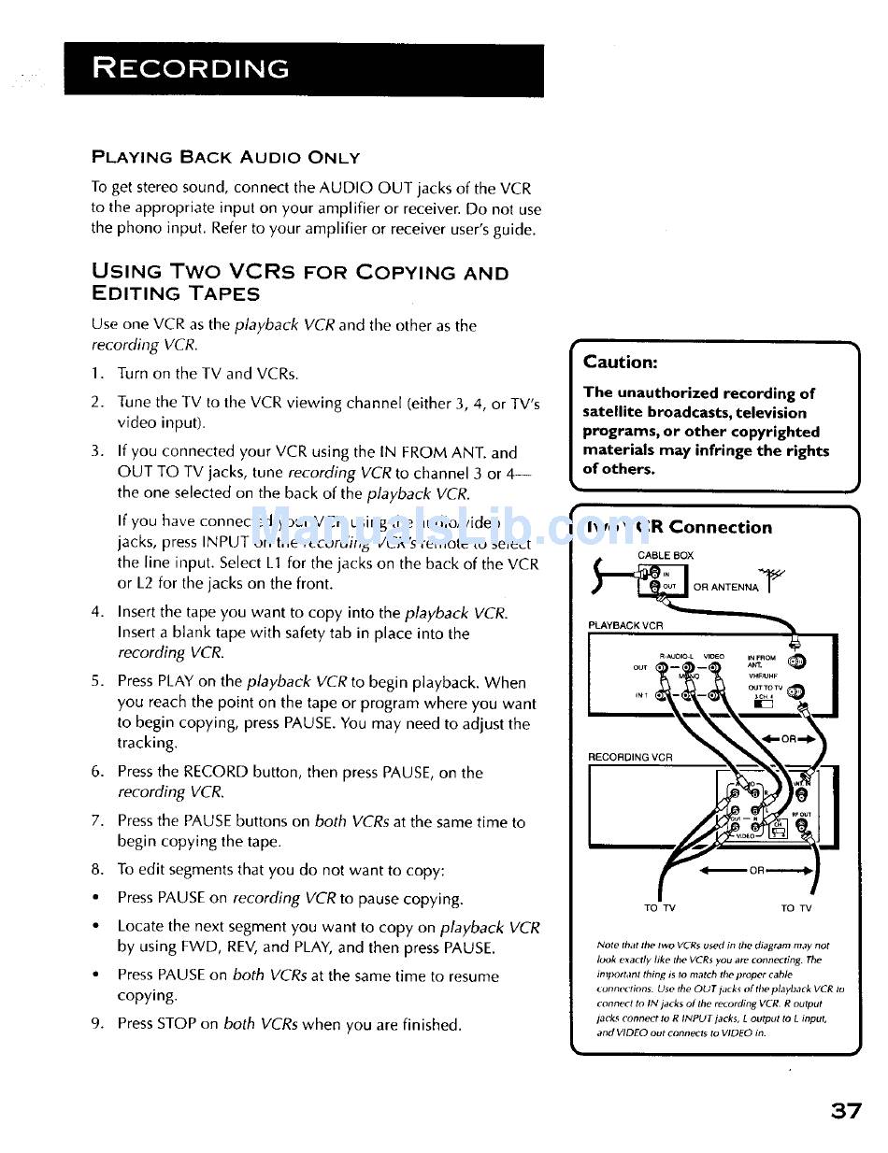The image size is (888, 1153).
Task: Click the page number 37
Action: point(844,1111)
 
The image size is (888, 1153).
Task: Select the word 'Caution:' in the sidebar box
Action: point(620,362)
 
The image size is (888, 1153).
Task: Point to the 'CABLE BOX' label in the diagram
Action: point(666,555)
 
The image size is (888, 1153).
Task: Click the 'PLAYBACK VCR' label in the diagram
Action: point(625,625)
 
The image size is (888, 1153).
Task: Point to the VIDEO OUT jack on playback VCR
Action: point(715,668)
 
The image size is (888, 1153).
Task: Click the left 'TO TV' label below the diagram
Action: point(660,908)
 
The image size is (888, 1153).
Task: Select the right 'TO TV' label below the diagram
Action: point(796,908)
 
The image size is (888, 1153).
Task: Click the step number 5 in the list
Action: point(96,682)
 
